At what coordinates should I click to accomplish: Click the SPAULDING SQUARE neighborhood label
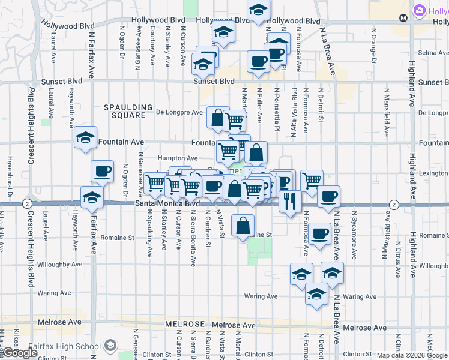[128, 111]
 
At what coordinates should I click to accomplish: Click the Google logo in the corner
[19, 353]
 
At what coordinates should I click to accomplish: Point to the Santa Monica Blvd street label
[167, 204]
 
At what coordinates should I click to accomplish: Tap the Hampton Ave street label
[177, 158]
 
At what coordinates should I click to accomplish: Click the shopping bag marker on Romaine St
[243, 226]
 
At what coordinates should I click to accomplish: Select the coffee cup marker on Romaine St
[319, 233]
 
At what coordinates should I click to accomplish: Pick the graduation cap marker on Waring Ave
[316, 294]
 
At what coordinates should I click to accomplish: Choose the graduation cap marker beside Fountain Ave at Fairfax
[86, 137]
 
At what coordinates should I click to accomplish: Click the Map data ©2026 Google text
[412, 355]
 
